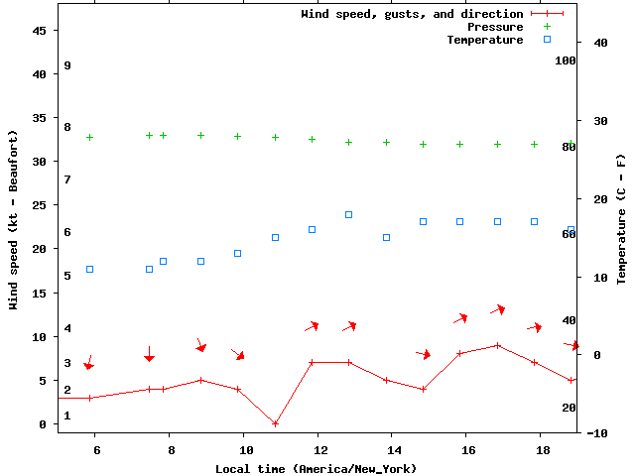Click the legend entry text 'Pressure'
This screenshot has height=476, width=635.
[x=495, y=27]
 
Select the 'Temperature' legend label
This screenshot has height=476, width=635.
[x=484, y=40]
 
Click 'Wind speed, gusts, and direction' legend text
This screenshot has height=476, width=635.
[x=412, y=14]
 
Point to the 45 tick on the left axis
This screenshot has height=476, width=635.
[x=40, y=31]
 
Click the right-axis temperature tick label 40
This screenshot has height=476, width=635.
[x=599, y=43]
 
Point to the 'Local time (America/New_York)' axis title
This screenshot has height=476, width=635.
[x=316, y=468]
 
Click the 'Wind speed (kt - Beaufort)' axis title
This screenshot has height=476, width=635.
[x=14, y=218]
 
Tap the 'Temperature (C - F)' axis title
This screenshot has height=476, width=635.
[x=621, y=218]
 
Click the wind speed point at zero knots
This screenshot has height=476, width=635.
[x=275, y=423]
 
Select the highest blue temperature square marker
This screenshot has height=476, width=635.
[x=349, y=214]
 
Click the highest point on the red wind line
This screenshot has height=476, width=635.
[x=497, y=345]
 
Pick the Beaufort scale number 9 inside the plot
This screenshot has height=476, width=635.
[x=67, y=65]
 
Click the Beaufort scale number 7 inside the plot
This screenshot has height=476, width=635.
[x=67, y=179]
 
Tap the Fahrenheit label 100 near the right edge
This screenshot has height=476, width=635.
[x=566, y=60]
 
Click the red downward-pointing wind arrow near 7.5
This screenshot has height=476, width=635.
[x=149, y=354]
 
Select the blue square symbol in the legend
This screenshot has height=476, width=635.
[x=547, y=40]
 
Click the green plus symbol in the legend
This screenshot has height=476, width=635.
[x=547, y=27]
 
